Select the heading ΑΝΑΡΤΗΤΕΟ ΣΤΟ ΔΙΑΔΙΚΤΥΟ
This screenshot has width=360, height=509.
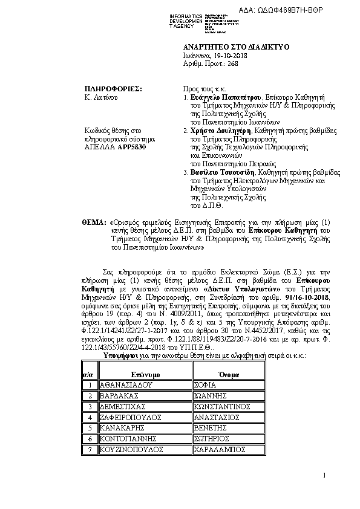click(x=236, y=47)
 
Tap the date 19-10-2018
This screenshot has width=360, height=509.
click(x=231, y=56)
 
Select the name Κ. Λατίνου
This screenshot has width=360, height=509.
click(x=102, y=97)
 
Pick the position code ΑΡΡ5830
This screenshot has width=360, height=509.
click(x=132, y=147)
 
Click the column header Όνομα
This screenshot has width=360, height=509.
click(x=231, y=375)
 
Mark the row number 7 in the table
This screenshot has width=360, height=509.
click(x=90, y=450)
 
